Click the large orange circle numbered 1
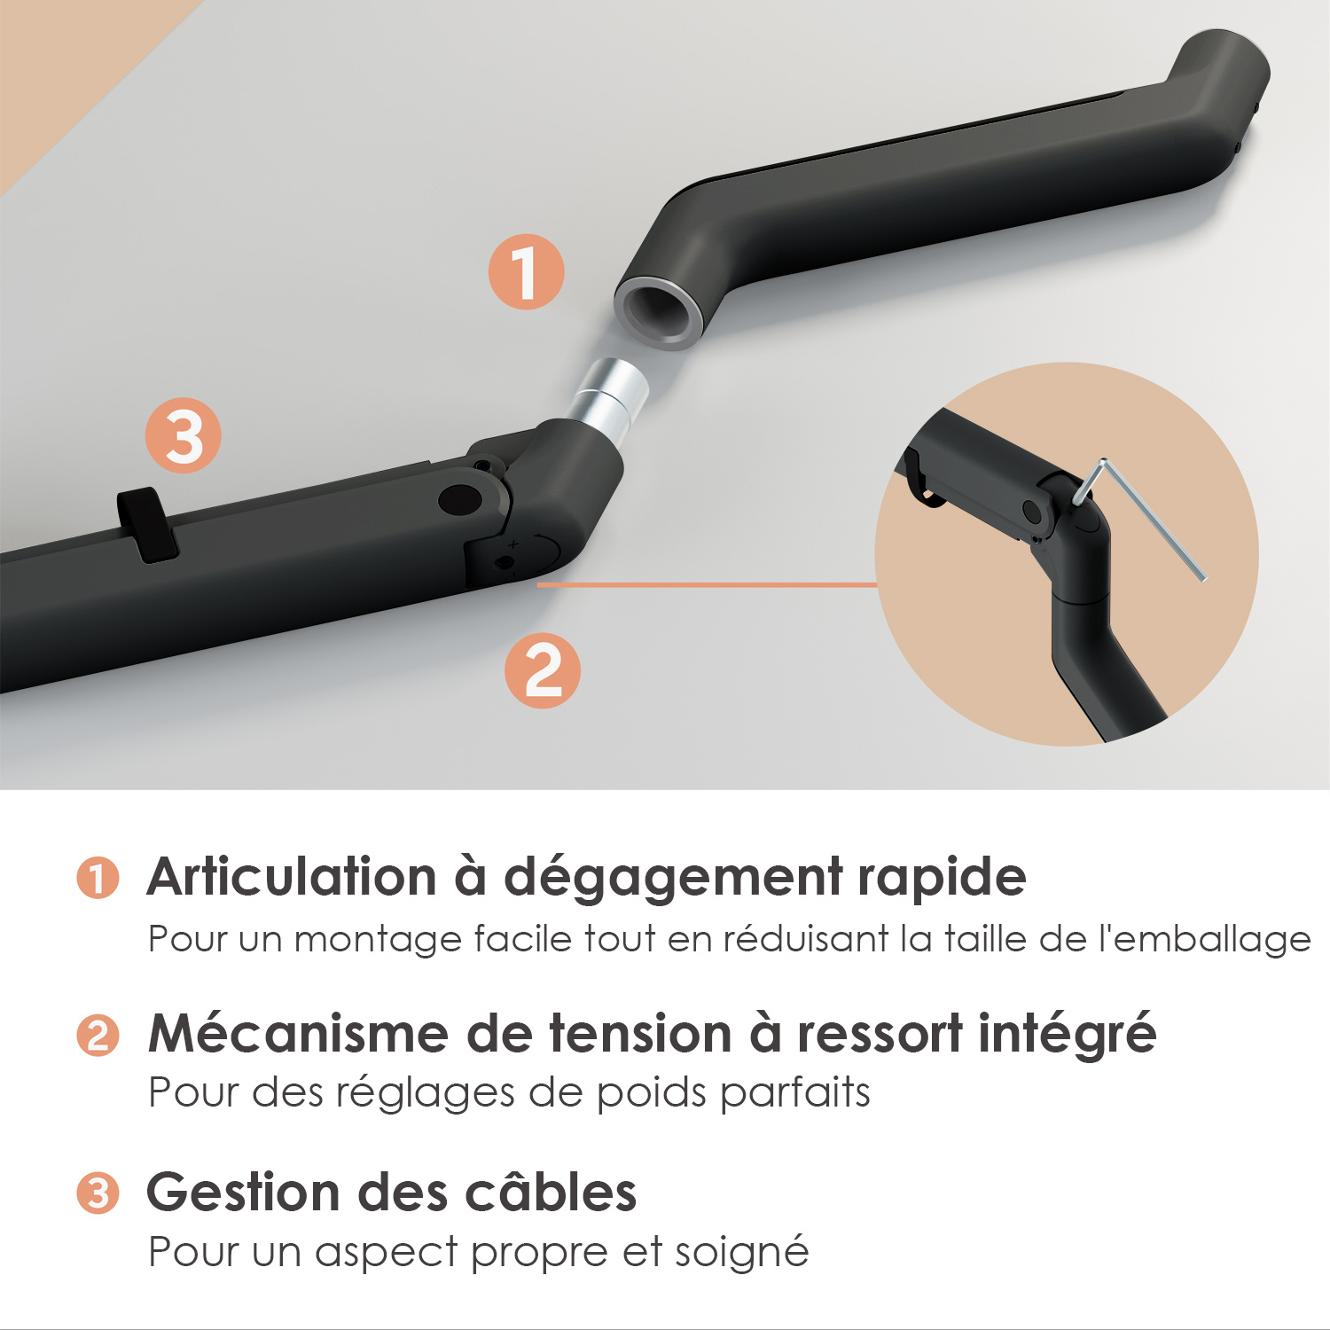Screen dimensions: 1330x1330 click(x=527, y=272)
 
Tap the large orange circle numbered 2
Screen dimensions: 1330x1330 click(x=543, y=670)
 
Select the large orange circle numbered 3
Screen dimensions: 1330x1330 click(x=184, y=435)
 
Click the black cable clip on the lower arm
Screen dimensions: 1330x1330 click(x=147, y=524)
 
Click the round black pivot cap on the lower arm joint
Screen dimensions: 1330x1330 click(x=461, y=499)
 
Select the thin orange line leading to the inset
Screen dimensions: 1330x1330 click(x=707, y=585)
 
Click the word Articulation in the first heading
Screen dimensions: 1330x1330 click(x=292, y=877)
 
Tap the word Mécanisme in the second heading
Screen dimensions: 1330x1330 click(x=299, y=1034)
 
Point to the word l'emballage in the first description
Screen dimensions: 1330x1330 click(x=1205, y=940)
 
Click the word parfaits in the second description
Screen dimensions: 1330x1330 click(x=795, y=1092)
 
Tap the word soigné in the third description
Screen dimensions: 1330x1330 click(x=742, y=1252)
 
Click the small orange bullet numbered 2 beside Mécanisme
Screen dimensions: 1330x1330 click(x=98, y=1035)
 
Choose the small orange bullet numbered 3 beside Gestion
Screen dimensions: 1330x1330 click(x=98, y=1193)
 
